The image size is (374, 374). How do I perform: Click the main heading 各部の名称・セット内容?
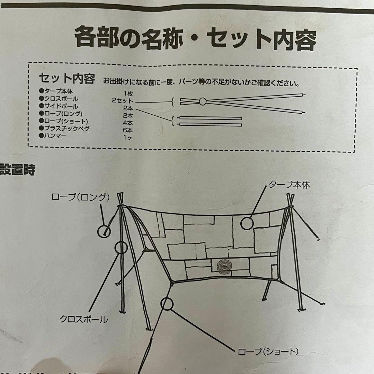[x=195, y=38]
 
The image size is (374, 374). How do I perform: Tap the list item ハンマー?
[x=55, y=136]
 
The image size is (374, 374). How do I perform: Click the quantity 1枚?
[x=127, y=93]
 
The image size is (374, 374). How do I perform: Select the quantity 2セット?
[x=122, y=101]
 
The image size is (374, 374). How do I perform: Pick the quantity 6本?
[x=127, y=130]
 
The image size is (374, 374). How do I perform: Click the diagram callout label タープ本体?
[x=290, y=185]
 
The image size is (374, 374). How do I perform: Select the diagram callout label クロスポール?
[x=84, y=319]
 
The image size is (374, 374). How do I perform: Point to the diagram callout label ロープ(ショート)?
[x=269, y=352]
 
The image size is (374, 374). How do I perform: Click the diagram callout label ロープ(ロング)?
[x=80, y=197]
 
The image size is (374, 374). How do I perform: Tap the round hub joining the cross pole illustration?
[x=203, y=101]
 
